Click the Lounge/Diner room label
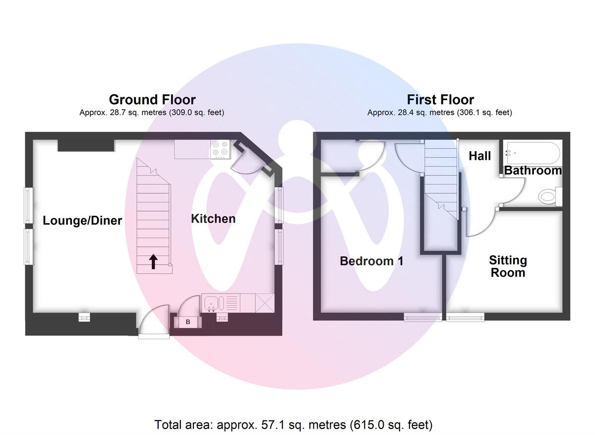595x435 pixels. (82, 221)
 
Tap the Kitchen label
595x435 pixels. (213, 219)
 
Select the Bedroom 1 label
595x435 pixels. (371, 261)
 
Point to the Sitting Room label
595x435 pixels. (508, 266)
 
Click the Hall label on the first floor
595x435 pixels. (479, 156)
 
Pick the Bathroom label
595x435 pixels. (533, 171)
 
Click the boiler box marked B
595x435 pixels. (188, 322)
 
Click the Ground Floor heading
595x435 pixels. (152, 100)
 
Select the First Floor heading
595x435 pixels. (440, 100)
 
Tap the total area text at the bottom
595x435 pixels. (294, 425)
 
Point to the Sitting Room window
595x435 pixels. (465, 316)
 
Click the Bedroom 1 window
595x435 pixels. (422, 316)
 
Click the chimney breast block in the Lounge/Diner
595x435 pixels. (86, 145)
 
